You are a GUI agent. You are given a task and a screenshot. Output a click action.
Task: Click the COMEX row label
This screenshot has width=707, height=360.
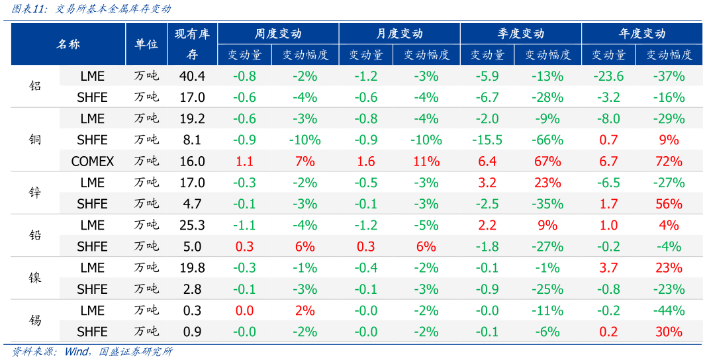[93, 161]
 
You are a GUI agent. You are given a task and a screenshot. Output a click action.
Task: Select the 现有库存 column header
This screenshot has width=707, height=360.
[192, 44]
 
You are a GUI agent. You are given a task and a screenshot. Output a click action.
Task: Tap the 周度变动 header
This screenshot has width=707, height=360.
[278, 34]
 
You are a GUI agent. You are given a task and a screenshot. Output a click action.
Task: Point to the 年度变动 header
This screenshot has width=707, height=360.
[641, 34]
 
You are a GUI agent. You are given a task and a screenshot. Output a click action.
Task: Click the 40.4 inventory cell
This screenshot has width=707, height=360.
[192, 76]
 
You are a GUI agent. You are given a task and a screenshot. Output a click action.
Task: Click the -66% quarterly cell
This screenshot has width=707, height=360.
[547, 140]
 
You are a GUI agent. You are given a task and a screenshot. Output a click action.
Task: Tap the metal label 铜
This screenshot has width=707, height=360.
[35, 140]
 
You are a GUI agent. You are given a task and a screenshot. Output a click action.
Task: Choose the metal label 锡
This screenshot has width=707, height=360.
[35, 321]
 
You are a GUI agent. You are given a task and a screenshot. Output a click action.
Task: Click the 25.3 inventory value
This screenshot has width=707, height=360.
[192, 225]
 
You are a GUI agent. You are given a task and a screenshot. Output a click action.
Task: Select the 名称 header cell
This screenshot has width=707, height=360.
[68, 44]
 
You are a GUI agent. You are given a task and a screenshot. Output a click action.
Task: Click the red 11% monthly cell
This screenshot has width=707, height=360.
[426, 161]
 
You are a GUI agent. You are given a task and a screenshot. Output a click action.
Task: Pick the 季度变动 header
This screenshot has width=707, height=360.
[520, 34]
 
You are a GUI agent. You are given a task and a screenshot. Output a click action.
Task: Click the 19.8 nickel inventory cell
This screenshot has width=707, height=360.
[192, 267]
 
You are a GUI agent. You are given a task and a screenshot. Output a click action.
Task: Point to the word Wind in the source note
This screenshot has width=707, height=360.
[78, 351]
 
